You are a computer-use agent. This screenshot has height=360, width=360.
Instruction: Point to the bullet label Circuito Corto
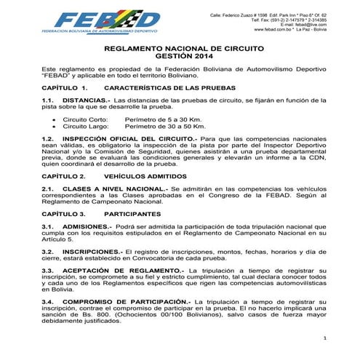point(85,118)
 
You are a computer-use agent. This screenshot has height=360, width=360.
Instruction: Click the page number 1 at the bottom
point(325,338)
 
